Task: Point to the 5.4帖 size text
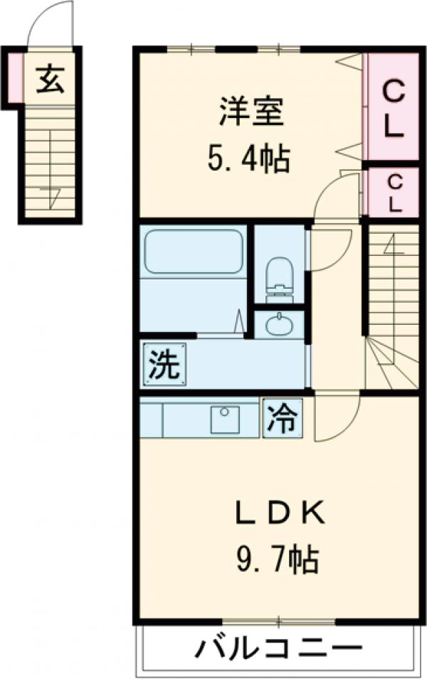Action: (x=248, y=160)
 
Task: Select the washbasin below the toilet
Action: (x=278, y=325)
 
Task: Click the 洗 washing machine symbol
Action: (x=164, y=365)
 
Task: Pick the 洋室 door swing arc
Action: (x=334, y=196)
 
